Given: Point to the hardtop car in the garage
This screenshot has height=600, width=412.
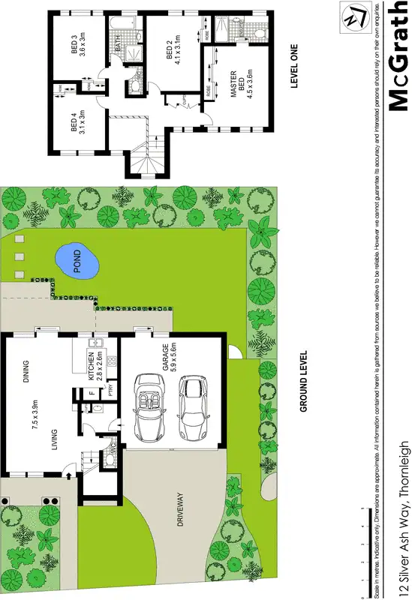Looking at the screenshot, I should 194,409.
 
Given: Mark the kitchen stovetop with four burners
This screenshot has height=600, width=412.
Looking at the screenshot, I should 112,364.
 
